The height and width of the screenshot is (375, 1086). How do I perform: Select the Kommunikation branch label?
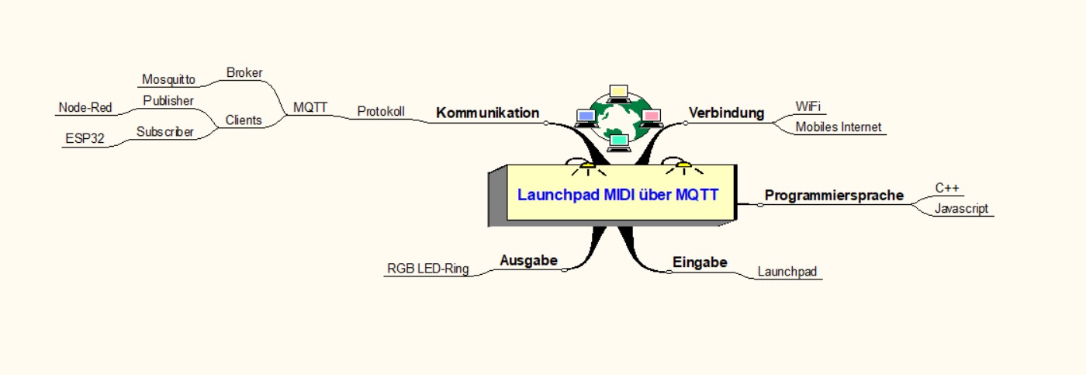[x=487, y=113]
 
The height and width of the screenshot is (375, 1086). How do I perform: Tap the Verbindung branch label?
[x=726, y=113]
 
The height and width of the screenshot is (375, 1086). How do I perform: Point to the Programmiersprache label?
[x=834, y=195]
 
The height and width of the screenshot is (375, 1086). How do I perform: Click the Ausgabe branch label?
[x=528, y=260]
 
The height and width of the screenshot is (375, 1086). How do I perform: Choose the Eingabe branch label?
[x=700, y=262]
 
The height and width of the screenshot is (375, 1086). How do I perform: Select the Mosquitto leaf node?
[x=168, y=79]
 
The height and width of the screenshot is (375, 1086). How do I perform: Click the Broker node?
[x=244, y=73]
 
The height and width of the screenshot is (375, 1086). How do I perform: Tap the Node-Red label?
[x=85, y=108]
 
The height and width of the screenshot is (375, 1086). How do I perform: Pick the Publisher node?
[x=168, y=100]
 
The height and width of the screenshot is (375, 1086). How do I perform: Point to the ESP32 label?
[x=85, y=139]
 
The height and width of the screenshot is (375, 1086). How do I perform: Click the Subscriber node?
[x=165, y=131]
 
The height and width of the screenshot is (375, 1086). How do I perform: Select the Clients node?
[x=244, y=120]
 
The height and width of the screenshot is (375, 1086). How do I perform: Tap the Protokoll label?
[x=381, y=111]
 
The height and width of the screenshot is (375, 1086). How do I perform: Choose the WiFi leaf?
[x=808, y=106]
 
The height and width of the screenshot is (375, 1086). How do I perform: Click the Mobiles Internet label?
[x=839, y=127]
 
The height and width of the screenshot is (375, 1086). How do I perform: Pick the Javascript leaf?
[x=961, y=208]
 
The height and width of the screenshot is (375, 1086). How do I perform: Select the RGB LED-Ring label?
[x=428, y=269]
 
